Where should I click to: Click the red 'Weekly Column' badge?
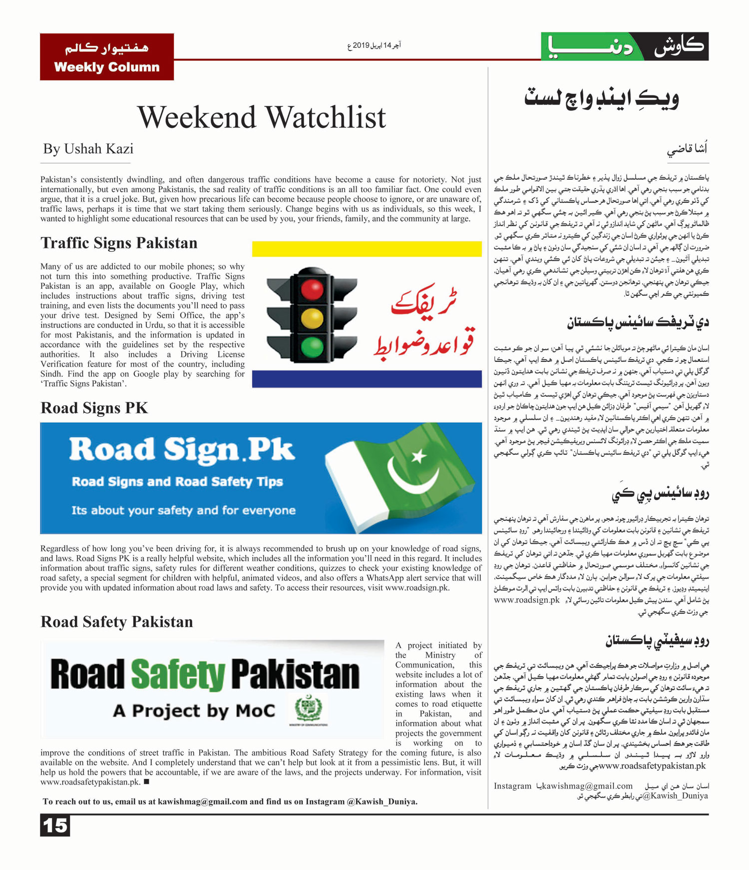click(x=107, y=56)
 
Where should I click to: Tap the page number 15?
click(x=55, y=825)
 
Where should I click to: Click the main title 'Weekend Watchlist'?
click(x=262, y=117)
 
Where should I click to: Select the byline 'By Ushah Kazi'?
click(x=88, y=149)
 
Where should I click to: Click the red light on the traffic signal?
click(x=312, y=289)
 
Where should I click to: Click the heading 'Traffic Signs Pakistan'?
click(x=119, y=243)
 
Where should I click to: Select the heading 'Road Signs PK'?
click(x=94, y=408)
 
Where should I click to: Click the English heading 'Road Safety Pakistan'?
click(x=117, y=622)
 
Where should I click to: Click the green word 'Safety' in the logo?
click(x=178, y=675)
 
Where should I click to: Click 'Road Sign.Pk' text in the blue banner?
click(x=182, y=450)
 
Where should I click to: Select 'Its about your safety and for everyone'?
click(x=183, y=510)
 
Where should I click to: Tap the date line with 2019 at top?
click(x=374, y=45)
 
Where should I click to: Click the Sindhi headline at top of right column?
click(x=601, y=97)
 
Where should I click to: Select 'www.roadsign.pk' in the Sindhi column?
click(x=527, y=600)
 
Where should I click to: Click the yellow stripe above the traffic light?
click(x=367, y=248)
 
